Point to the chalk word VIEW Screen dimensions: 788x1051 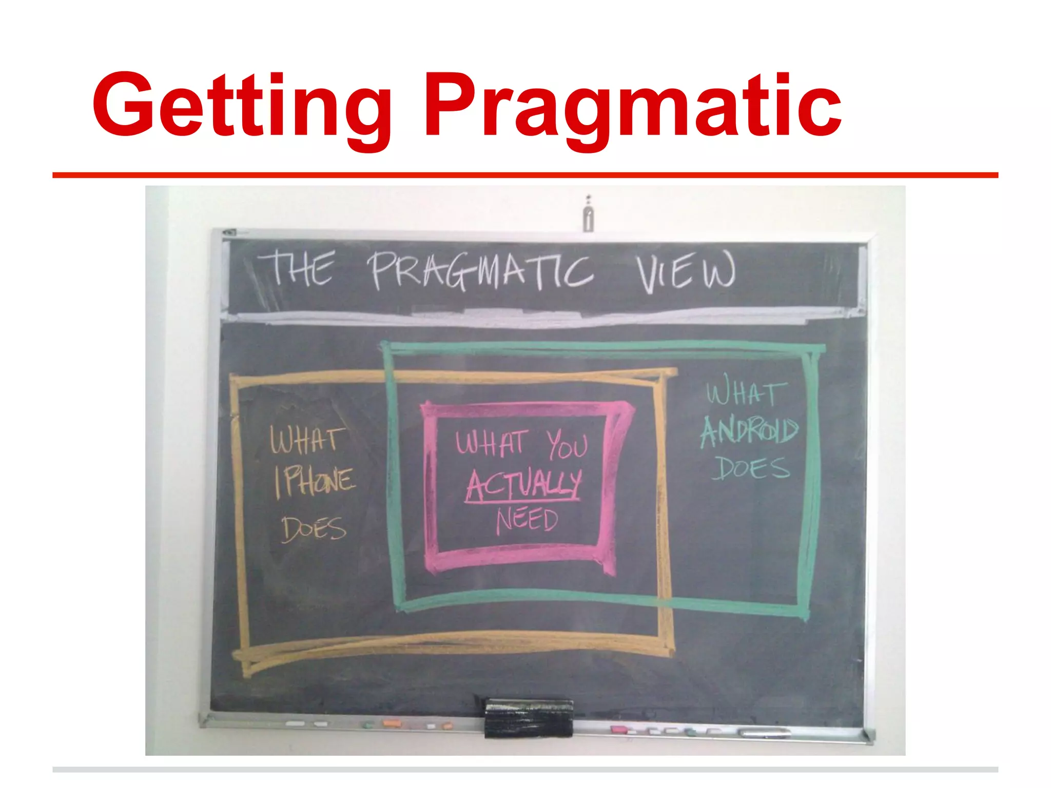[x=686, y=274]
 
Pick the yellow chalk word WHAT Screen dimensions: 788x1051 [x=306, y=441]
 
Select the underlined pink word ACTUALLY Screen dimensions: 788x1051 [x=524, y=484]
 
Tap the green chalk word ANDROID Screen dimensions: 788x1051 [x=749, y=430]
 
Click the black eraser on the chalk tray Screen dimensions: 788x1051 [x=529, y=718]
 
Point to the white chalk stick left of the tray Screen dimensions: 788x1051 [x=295, y=724]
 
